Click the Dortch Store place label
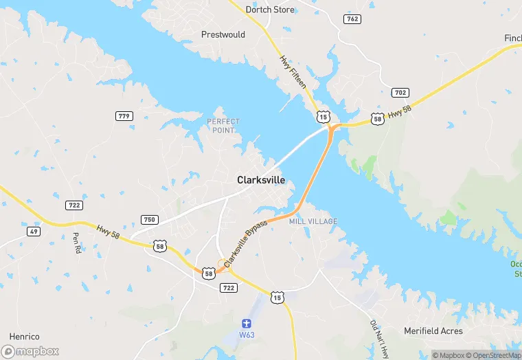pyautogui.click(x=270, y=10)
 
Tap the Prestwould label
pyautogui.click(x=223, y=34)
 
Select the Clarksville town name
pyautogui.click(x=261, y=180)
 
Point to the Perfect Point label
pyautogui.click(x=223, y=126)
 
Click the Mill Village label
pyautogui.click(x=313, y=221)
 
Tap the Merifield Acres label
pyautogui.click(x=433, y=331)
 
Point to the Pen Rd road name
pyautogui.click(x=76, y=243)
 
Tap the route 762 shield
pyautogui.click(x=352, y=19)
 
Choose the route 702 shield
pyautogui.click(x=400, y=92)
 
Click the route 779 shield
pyautogui.click(x=124, y=116)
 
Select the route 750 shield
pyautogui.click(x=149, y=220)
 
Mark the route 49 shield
pyautogui.click(x=34, y=232)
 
